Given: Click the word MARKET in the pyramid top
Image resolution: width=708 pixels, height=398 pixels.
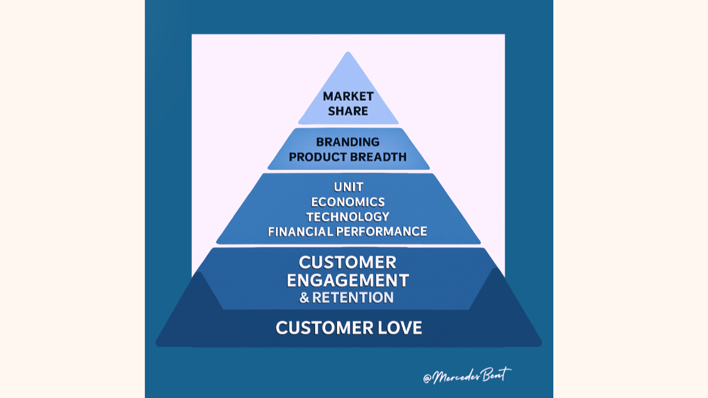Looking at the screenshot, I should (348, 96).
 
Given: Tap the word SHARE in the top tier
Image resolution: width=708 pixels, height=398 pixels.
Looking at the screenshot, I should (348, 111).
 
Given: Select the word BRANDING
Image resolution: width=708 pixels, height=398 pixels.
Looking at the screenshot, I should (348, 142).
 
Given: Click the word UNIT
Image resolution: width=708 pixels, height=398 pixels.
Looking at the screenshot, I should (348, 187).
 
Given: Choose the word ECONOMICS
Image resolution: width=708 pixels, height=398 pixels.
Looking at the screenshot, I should (348, 202).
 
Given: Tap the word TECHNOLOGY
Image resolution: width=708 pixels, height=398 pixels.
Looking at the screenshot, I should (348, 217).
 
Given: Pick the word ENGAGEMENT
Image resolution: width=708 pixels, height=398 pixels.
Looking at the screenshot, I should (348, 281).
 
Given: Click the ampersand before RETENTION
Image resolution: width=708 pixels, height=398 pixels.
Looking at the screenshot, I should (304, 298).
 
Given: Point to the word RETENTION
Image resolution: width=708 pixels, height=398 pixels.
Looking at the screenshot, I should (353, 298).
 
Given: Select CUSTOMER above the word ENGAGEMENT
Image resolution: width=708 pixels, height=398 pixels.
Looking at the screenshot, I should (348, 262).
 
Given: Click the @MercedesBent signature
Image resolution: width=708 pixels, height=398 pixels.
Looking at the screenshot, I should (467, 376).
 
